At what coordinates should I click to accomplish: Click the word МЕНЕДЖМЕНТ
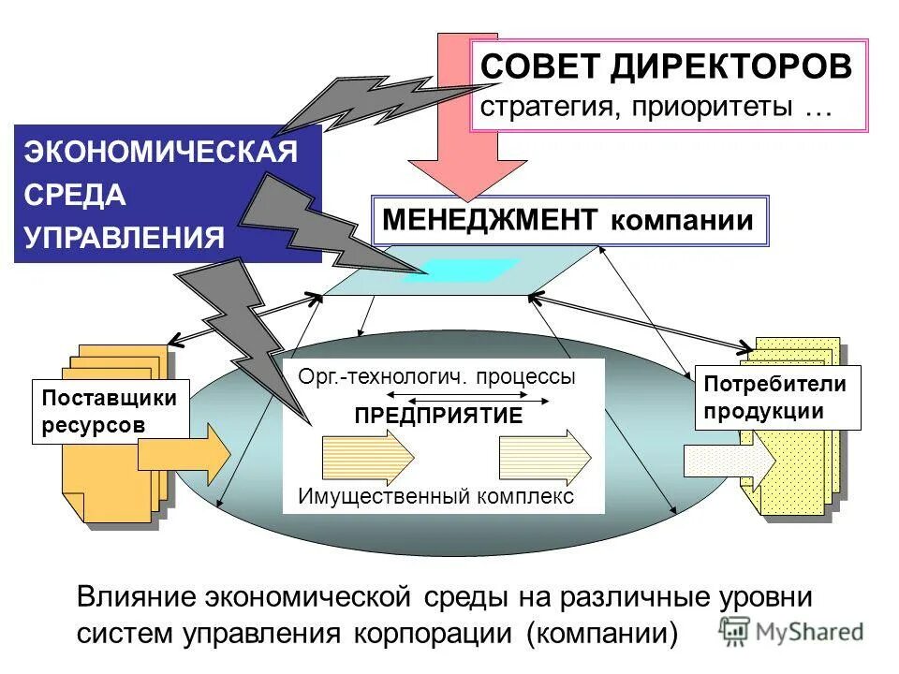point(490,220)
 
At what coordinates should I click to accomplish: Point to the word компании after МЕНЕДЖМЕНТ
point(682,221)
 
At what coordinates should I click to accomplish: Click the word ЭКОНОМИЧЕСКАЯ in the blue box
point(161,153)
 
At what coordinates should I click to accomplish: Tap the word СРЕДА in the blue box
point(75,195)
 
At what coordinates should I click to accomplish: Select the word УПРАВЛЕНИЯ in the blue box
point(125,236)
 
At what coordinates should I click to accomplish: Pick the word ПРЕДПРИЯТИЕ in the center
point(438,417)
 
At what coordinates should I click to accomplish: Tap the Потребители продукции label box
point(776,398)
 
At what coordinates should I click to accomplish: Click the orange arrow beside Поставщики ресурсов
point(184,455)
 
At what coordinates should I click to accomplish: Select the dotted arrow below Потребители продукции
point(730,461)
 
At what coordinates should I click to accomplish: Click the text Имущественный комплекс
point(435,496)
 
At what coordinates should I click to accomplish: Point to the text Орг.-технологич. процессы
point(436,377)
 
